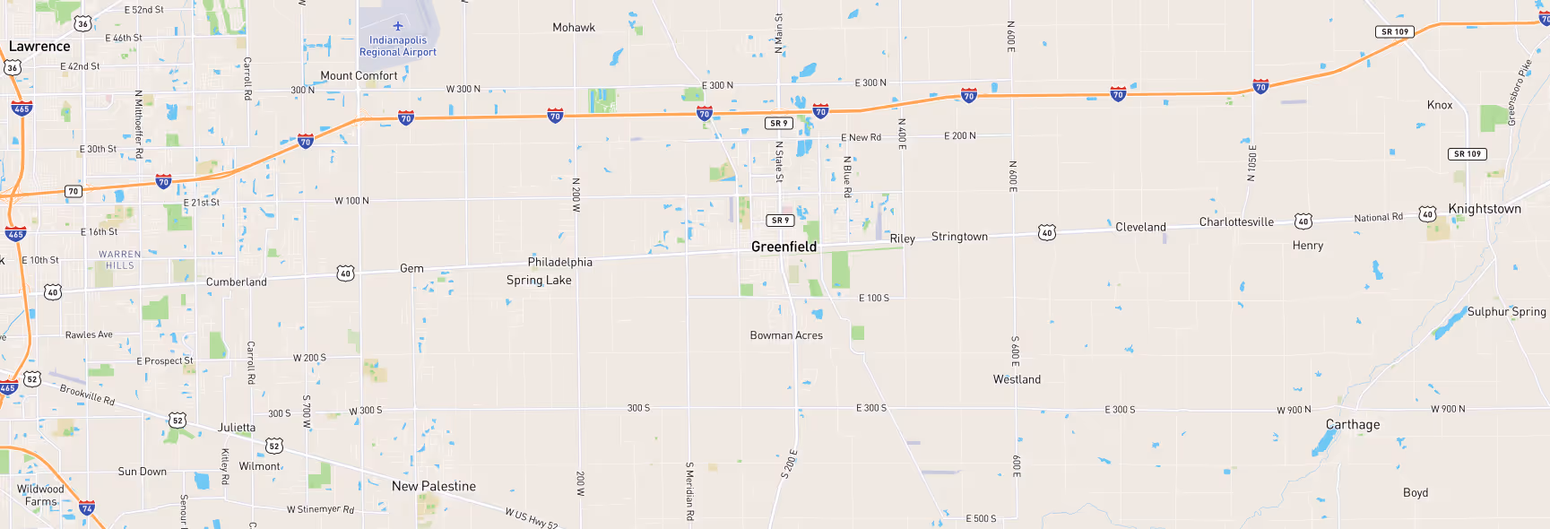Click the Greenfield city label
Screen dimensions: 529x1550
(784, 247)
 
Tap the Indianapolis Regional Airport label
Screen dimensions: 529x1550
(398, 47)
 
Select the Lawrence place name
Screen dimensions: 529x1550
(39, 47)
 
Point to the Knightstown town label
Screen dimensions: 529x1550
(1484, 209)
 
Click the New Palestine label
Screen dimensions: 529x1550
(434, 486)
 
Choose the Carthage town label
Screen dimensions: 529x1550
(1353, 425)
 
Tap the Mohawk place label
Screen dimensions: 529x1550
(574, 28)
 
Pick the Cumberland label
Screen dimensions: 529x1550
(237, 282)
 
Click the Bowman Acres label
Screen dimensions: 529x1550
(786, 335)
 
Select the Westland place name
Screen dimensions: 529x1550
(1017, 379)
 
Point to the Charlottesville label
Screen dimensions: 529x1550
(1236, 222)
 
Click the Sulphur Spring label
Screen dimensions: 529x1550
(1506, 312)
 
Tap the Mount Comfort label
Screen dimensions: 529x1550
(359, 76)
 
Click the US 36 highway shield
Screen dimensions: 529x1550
(82, 23)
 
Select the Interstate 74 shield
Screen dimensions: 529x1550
(87, 508)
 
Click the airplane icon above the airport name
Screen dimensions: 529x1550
(398, 26)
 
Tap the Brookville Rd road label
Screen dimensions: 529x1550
(87, 395)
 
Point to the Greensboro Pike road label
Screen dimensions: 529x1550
(1519, 92)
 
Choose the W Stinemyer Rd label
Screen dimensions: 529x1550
(320, 509)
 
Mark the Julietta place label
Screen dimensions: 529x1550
(237, 428)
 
